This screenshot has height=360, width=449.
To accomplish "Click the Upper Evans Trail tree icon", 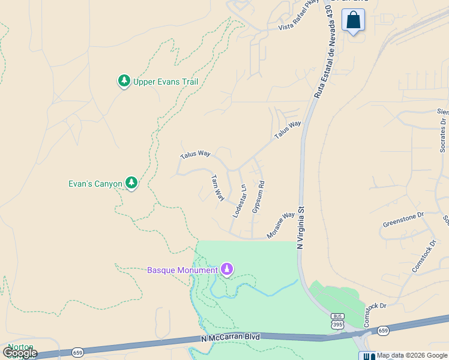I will (x=124, y=81).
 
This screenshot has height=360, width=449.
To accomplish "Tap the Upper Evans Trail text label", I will (x=166, y=82).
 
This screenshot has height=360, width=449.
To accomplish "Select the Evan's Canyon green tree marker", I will (x=131, y=184).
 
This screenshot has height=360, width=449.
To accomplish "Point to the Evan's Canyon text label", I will (x=95, y=184).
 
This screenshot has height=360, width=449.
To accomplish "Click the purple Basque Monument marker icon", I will (x=227, y=269).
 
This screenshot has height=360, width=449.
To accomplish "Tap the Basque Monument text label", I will (x=182, y=270).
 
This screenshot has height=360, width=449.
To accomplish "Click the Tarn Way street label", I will (x=217, y=188).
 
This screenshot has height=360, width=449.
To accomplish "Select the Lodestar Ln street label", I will (x=240, y=201).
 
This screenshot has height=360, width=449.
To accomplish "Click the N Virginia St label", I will (x=301, y=228).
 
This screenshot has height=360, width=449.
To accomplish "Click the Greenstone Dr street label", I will (x=403, y=220).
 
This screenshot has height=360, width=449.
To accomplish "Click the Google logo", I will (x=19, y=353).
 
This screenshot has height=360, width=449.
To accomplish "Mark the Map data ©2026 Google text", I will (x=412, y=355).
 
